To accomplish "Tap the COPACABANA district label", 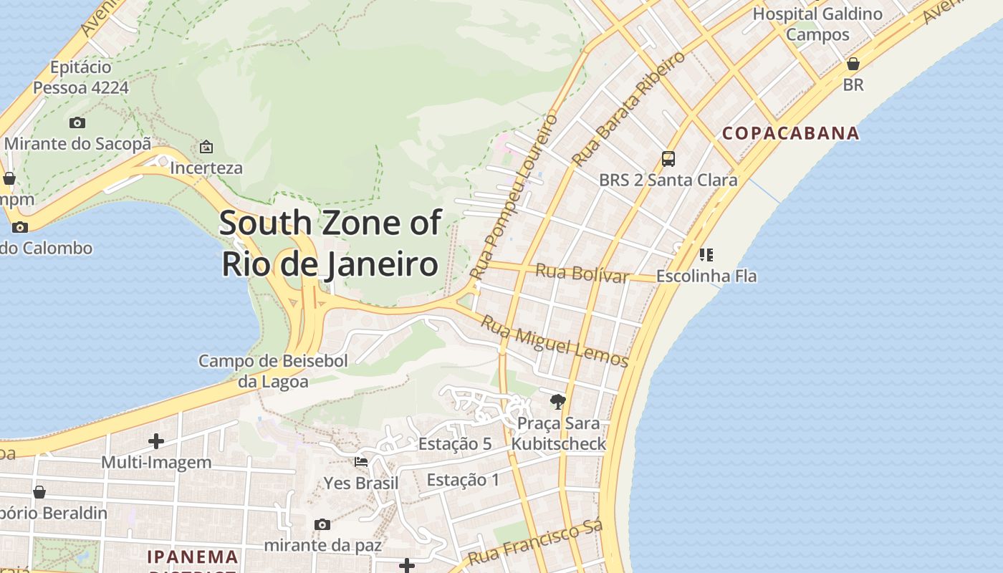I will tap(790, 133).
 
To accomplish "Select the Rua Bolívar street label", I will tap(582, 273).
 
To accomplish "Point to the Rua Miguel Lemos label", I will tap(554, 342).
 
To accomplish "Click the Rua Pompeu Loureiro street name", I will tap(514, 196).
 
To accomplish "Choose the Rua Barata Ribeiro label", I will tap(628, 109).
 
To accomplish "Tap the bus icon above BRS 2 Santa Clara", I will tap(668, 159).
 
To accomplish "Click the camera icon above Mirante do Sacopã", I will tap(77, 123).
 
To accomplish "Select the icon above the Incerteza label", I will tap(206, 147).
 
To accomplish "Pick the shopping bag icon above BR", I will tap(853, 64).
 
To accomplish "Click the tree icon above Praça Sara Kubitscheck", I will tap(557, 401).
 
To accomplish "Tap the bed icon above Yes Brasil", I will tap(361, 462).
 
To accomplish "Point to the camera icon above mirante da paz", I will tap(322, 524).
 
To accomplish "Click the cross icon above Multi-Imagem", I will tap(155, 440).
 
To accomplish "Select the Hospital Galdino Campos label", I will tap(817, 24).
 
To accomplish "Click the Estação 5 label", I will tap(455, 444).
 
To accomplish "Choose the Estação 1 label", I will tap(463, 480).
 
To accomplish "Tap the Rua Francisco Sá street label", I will tap(535, 543).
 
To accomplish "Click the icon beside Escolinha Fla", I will tap(706, 254).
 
